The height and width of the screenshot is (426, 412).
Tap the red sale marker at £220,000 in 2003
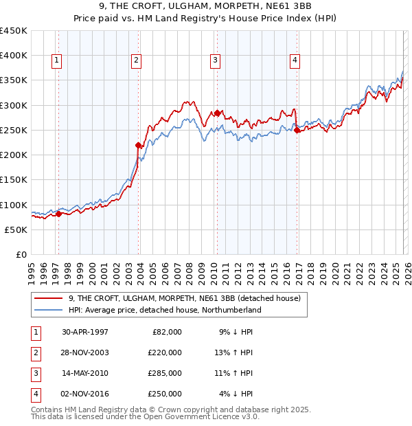(x=139, y=145)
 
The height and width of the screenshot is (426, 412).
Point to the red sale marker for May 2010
(x=217, y=113)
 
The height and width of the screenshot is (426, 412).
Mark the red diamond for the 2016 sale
(x=297, y=130)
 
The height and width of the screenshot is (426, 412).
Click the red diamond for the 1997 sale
(x=58, y=214)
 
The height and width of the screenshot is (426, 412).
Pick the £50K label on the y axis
(x=16, y=229)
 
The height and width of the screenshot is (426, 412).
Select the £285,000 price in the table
(x=165, y=373)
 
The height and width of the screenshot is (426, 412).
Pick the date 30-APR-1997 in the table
(x=85, y=331)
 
